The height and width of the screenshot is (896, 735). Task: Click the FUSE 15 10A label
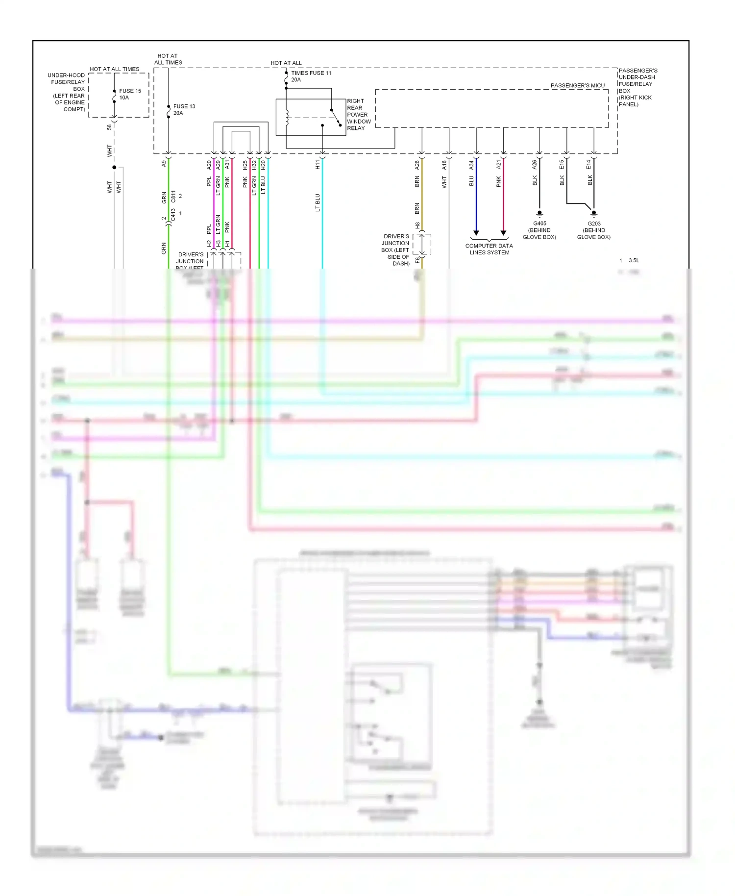[129, 94]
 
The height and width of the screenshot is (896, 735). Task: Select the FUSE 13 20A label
[184, 109]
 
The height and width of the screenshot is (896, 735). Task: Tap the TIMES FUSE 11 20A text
[311, 76]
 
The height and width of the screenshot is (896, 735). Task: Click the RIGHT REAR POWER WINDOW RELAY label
[359, 114]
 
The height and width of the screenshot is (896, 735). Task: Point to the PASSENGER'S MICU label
[577, 85]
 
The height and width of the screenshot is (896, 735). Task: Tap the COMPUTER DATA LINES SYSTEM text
[489, 249]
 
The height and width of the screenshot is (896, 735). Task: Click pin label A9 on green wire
[164, 164]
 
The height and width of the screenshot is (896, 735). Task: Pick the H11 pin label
[318, 165]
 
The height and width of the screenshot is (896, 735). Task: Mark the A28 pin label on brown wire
[417, 165]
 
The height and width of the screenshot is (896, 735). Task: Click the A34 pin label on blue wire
[471, 165]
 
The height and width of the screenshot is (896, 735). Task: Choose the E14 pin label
[588, 165]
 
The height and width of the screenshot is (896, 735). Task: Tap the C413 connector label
[173, 215]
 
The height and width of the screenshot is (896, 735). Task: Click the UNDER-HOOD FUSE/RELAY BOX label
[67, 92]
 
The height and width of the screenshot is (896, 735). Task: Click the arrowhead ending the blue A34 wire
[476, 233]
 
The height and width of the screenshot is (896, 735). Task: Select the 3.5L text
[634, 260]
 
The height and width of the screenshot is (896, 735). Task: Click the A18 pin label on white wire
[444, 165]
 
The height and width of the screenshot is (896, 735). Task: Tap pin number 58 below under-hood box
[109, 127]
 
